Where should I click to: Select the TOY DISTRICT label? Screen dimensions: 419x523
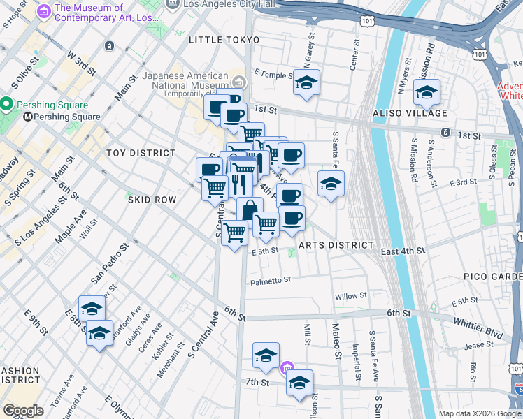[141, 152]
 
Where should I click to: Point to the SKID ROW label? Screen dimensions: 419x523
[152, 200]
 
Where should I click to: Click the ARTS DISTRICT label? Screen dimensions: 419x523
[336, 245]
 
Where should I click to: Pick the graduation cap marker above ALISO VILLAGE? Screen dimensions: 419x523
[427, 91]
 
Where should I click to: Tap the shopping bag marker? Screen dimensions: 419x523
[250, 210]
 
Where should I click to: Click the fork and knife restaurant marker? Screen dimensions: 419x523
[239, 184]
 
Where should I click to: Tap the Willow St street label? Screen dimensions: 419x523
[351, 297]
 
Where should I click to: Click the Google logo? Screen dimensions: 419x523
[24, 411]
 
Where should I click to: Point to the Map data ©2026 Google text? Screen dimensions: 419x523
[479, 413]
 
